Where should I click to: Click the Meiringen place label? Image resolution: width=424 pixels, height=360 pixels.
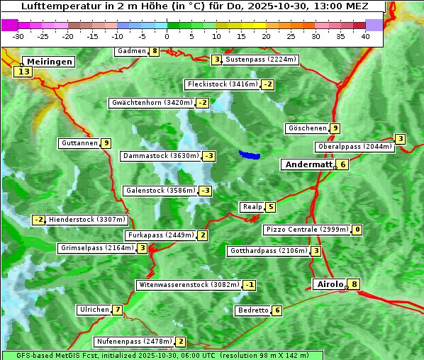point(48,62)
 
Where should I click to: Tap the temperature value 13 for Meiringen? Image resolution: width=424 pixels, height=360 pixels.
point(24,72)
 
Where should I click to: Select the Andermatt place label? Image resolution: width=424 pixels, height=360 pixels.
point(308,164)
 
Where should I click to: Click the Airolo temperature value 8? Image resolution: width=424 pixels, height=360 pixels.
point(355,284)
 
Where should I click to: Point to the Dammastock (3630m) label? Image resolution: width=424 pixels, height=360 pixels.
point(160,156)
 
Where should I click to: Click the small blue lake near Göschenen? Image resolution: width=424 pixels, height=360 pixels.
point(249,154)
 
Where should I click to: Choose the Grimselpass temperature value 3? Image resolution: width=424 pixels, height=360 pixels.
point(143,248)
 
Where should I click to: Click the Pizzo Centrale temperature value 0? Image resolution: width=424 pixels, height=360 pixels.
point(357,230)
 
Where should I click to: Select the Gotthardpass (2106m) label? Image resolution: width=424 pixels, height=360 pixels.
point(268,251)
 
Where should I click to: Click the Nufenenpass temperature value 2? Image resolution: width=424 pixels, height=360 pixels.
point(181,342)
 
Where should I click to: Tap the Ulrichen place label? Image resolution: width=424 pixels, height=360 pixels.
point(94,310)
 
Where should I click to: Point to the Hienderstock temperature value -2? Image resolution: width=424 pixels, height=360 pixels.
point(39,220)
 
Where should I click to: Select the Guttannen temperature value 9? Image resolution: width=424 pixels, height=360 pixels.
point(106,143)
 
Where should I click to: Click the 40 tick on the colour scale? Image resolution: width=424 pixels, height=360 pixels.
point(365,36)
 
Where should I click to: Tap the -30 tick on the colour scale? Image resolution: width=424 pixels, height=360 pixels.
point(18,36)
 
